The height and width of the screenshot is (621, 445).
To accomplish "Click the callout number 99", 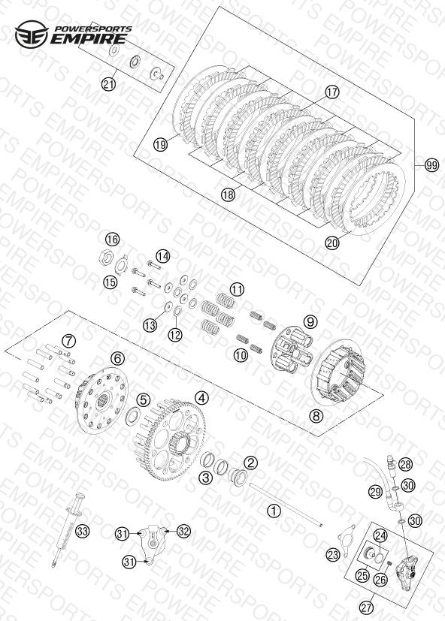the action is point(432,164).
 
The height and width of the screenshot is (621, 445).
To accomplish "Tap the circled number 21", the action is point(108,84).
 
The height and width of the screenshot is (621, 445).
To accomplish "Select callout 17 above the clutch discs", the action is point(332,92).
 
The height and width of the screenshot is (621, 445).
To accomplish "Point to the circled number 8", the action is point(316,416).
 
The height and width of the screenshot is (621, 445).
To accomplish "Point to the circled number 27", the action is point(367,607).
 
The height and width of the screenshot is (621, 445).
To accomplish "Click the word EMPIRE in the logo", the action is point(89,39).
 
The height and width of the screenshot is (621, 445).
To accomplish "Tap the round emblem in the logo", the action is point(32,34).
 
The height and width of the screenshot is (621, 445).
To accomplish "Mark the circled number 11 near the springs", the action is point(238,290).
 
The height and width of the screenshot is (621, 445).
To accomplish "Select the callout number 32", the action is point(183,531).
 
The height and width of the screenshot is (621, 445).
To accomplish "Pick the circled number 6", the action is point(117,359).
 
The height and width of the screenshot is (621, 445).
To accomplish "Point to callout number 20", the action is point(332,243).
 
